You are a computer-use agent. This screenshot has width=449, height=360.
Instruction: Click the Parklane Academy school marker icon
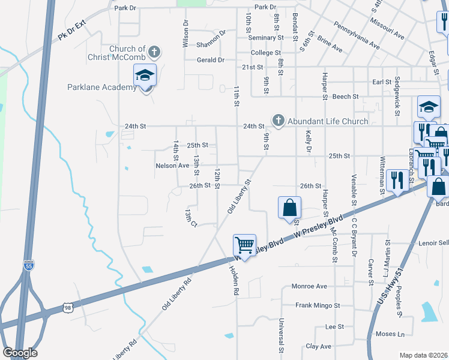145,76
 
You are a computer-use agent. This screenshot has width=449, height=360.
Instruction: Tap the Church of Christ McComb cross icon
154,51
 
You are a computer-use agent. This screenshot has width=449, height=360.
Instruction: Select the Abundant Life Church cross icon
278,121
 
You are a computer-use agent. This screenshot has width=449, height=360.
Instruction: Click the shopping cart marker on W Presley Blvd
244,245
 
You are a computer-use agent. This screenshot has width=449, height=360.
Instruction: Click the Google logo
20,353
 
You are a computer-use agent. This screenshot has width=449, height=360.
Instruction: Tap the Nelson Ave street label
172,166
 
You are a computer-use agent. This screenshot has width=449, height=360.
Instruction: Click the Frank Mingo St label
318,305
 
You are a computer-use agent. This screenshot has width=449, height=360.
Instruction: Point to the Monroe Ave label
309,286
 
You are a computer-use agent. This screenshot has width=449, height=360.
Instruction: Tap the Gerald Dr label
212,60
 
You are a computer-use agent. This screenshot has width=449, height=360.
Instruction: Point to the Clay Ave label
318,347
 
